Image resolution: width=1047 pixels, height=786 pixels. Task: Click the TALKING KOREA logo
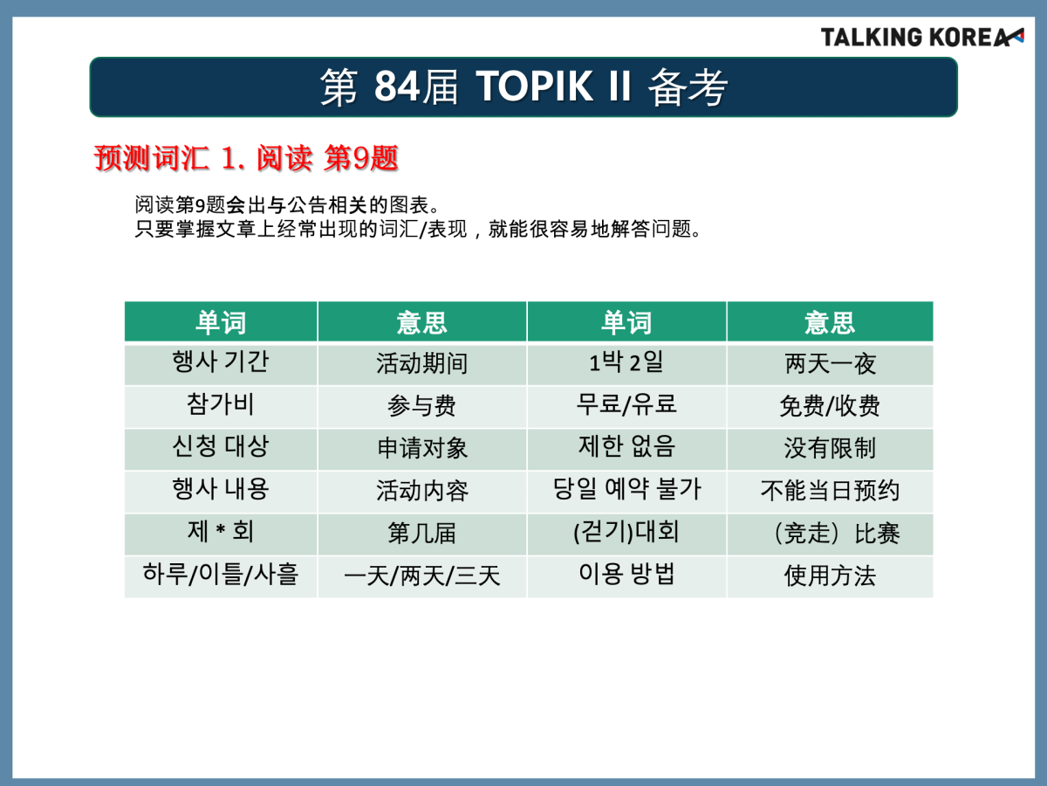[x=922, y=38]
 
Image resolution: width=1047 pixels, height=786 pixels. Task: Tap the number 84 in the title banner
[x=396, y=86]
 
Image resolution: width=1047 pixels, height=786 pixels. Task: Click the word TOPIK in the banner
[x=534, y=86]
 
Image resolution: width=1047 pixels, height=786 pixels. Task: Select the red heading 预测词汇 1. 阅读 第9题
[x=246, y=158]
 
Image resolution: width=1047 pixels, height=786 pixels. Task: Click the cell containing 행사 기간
[x=221, y=363]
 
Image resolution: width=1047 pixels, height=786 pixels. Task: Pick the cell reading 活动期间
[x=422, y=363]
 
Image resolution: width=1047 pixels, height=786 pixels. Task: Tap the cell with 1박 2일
[x=626, y=363]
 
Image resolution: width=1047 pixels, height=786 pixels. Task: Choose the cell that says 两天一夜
[x=830, y=363]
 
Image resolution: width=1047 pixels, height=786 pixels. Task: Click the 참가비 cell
[x=221, y=406]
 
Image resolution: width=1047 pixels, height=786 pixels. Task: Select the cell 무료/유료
[x=626, y=406]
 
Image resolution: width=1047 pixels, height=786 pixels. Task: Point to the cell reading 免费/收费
[x=830, y=406]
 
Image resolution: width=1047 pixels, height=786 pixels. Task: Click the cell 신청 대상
[x=221, y=449]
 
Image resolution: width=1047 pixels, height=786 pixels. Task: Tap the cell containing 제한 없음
[x=626, y=449]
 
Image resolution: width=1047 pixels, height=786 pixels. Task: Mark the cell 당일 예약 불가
[x=626, y=491]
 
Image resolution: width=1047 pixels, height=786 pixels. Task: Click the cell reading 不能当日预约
[x=830, y=491]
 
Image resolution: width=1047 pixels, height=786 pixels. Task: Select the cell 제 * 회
[x=221, y=534]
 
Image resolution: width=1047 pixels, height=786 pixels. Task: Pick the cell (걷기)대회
[x=626, y=534]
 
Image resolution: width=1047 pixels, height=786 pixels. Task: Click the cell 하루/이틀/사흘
[x=221, y=576]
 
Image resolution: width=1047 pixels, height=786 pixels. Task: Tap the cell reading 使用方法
[x=830, y=576]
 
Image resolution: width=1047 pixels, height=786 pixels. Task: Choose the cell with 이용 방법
[x=626, y=576]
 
